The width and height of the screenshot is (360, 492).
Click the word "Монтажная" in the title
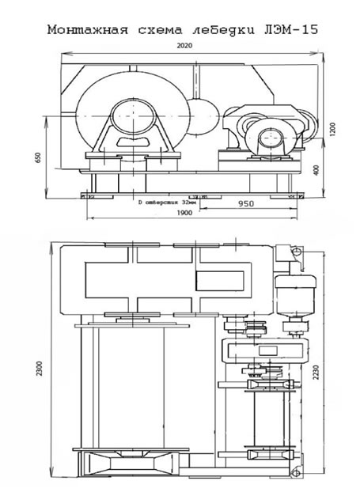tap(88, 30)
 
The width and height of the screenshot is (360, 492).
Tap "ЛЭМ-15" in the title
tap(290, 29)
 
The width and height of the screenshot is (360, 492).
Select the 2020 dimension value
tap(184, 46)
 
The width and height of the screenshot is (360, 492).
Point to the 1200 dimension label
tap(332, 129)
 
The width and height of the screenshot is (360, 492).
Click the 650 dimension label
tap(38, 158)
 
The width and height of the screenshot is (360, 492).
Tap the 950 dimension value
tap(246, 204)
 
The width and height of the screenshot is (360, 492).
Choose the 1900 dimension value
tap(184, 213)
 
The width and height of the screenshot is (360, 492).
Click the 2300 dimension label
tap(39, 369)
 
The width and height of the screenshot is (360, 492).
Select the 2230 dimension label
tap(316, 372)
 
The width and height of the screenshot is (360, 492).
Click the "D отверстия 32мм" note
tap(169, 202)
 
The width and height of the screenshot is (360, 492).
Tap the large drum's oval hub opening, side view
tap(134, 117)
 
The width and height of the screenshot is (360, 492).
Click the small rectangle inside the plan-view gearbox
tap(267, 350)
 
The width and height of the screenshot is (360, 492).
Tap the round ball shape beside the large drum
tap(203, 117)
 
